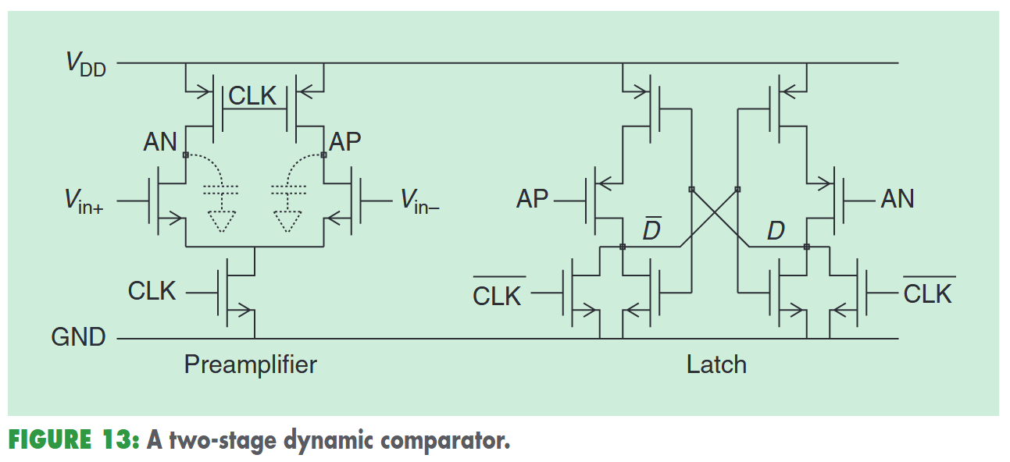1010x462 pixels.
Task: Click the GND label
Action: [x=78, y=338]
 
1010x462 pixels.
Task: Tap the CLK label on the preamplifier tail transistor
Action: [x=152, y=291]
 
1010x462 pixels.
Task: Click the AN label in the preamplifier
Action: [x=160, y=142]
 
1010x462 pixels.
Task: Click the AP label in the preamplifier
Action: [x=345, y=142]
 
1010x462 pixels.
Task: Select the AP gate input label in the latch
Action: [x=533, y=200]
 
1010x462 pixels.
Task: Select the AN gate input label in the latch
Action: [x=898, y=200]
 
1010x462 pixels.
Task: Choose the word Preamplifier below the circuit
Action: [x=250, y=364]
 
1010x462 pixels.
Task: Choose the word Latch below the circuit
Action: [x=716, y=364]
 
